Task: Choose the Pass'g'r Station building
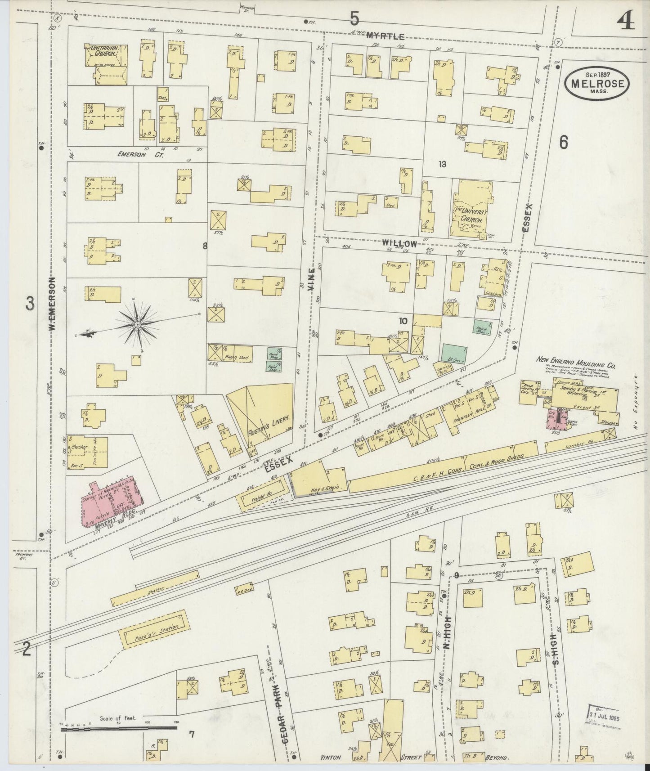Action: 153,628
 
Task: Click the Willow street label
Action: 399,243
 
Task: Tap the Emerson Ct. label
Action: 134,154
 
